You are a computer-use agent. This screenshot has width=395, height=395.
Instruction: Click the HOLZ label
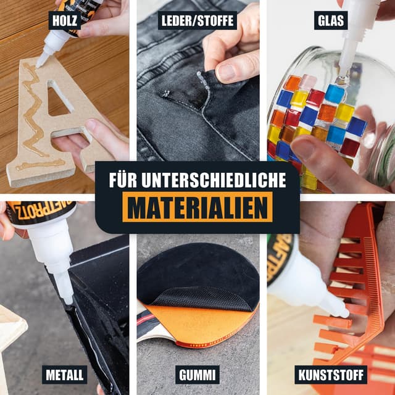pos(65,20)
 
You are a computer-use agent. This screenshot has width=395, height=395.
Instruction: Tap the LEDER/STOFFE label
pos(197,20)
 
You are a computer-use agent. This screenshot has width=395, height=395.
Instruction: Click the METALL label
pos(65,374)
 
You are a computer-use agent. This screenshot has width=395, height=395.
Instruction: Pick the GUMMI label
pos(197,374)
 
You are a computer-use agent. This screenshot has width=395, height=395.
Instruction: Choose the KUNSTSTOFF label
pos(330,374)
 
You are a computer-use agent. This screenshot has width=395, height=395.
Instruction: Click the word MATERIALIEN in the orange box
pos(197,207)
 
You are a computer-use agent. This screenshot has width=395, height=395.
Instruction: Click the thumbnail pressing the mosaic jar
pos(303,149)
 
